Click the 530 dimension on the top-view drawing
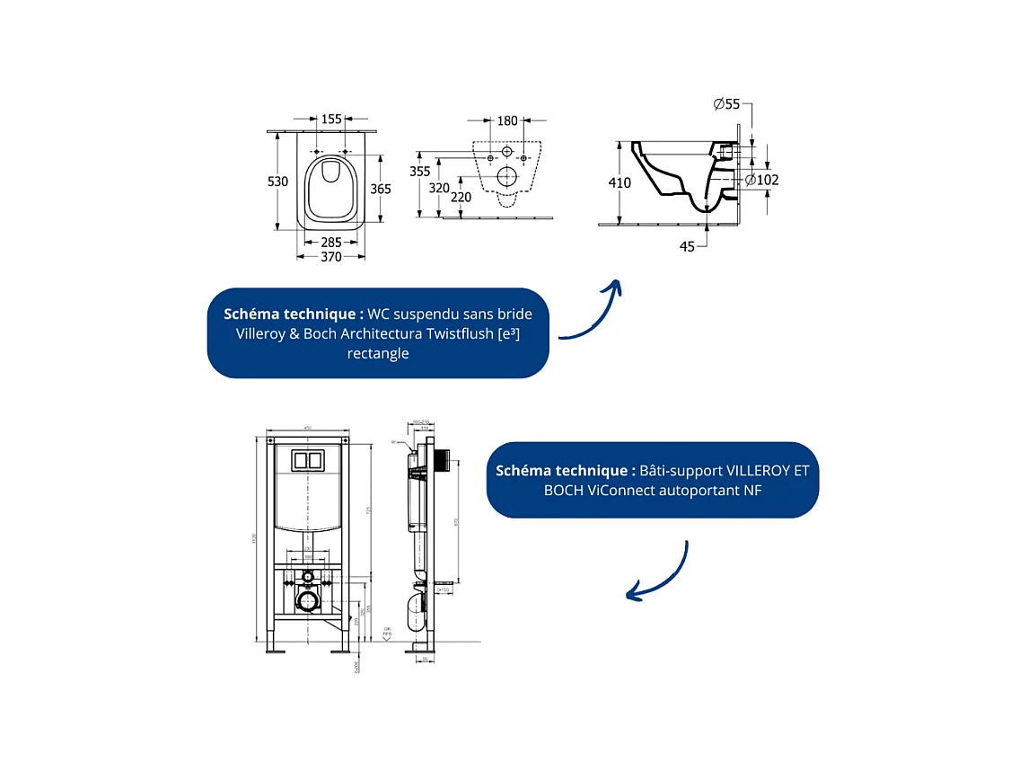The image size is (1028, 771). click(x=278, y=182)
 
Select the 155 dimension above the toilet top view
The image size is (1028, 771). click(x=331, y=119)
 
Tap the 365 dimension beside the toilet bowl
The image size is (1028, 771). click(x=381, y=189)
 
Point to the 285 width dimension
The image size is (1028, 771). click(x=331, y=242)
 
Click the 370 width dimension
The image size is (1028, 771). click(x=331, y=257)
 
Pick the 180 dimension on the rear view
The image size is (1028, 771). click(x=507, y=120)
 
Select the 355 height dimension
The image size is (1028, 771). click(x=419, y=171)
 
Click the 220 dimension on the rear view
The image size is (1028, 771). click(x=461, y=197)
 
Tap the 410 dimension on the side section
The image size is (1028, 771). click(x=619, y=183)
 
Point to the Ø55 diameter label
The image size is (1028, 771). click(x=726, y=104)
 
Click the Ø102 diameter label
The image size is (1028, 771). click(x=762, y=180)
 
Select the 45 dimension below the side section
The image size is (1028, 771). click(x=687, y=246)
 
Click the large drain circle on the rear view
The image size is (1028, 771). click(x=507, y=176)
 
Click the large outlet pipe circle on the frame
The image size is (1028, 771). click(x=308, y=599)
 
